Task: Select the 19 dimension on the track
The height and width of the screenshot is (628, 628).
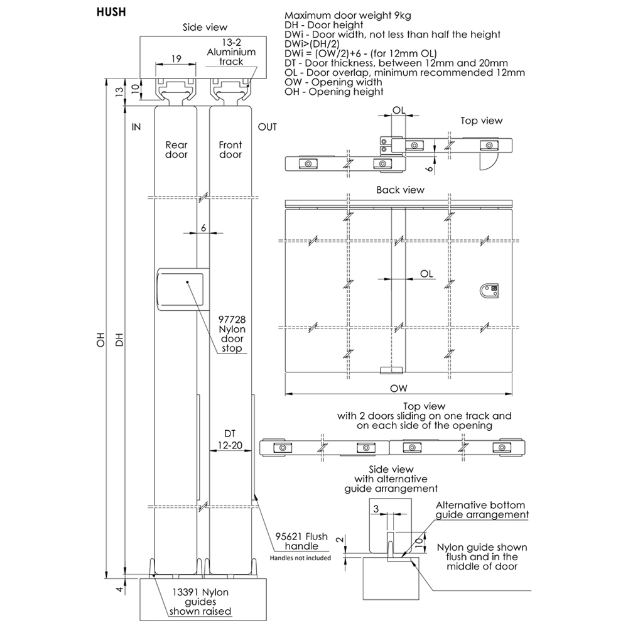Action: click(176, 58)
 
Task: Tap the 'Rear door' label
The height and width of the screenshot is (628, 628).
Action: click(176, 149)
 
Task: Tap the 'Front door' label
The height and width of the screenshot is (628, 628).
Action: click(230, 149)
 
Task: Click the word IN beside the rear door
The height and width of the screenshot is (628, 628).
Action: click(136, 127)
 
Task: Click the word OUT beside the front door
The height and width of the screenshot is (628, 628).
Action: click(268, 127)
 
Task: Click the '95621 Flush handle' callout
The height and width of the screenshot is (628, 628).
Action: click(301, 541)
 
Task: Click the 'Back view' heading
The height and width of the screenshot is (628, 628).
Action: click(400, 190)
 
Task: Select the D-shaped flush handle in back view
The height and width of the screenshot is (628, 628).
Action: click(489, 291)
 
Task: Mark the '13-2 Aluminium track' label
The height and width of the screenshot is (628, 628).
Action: click(231, 52)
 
